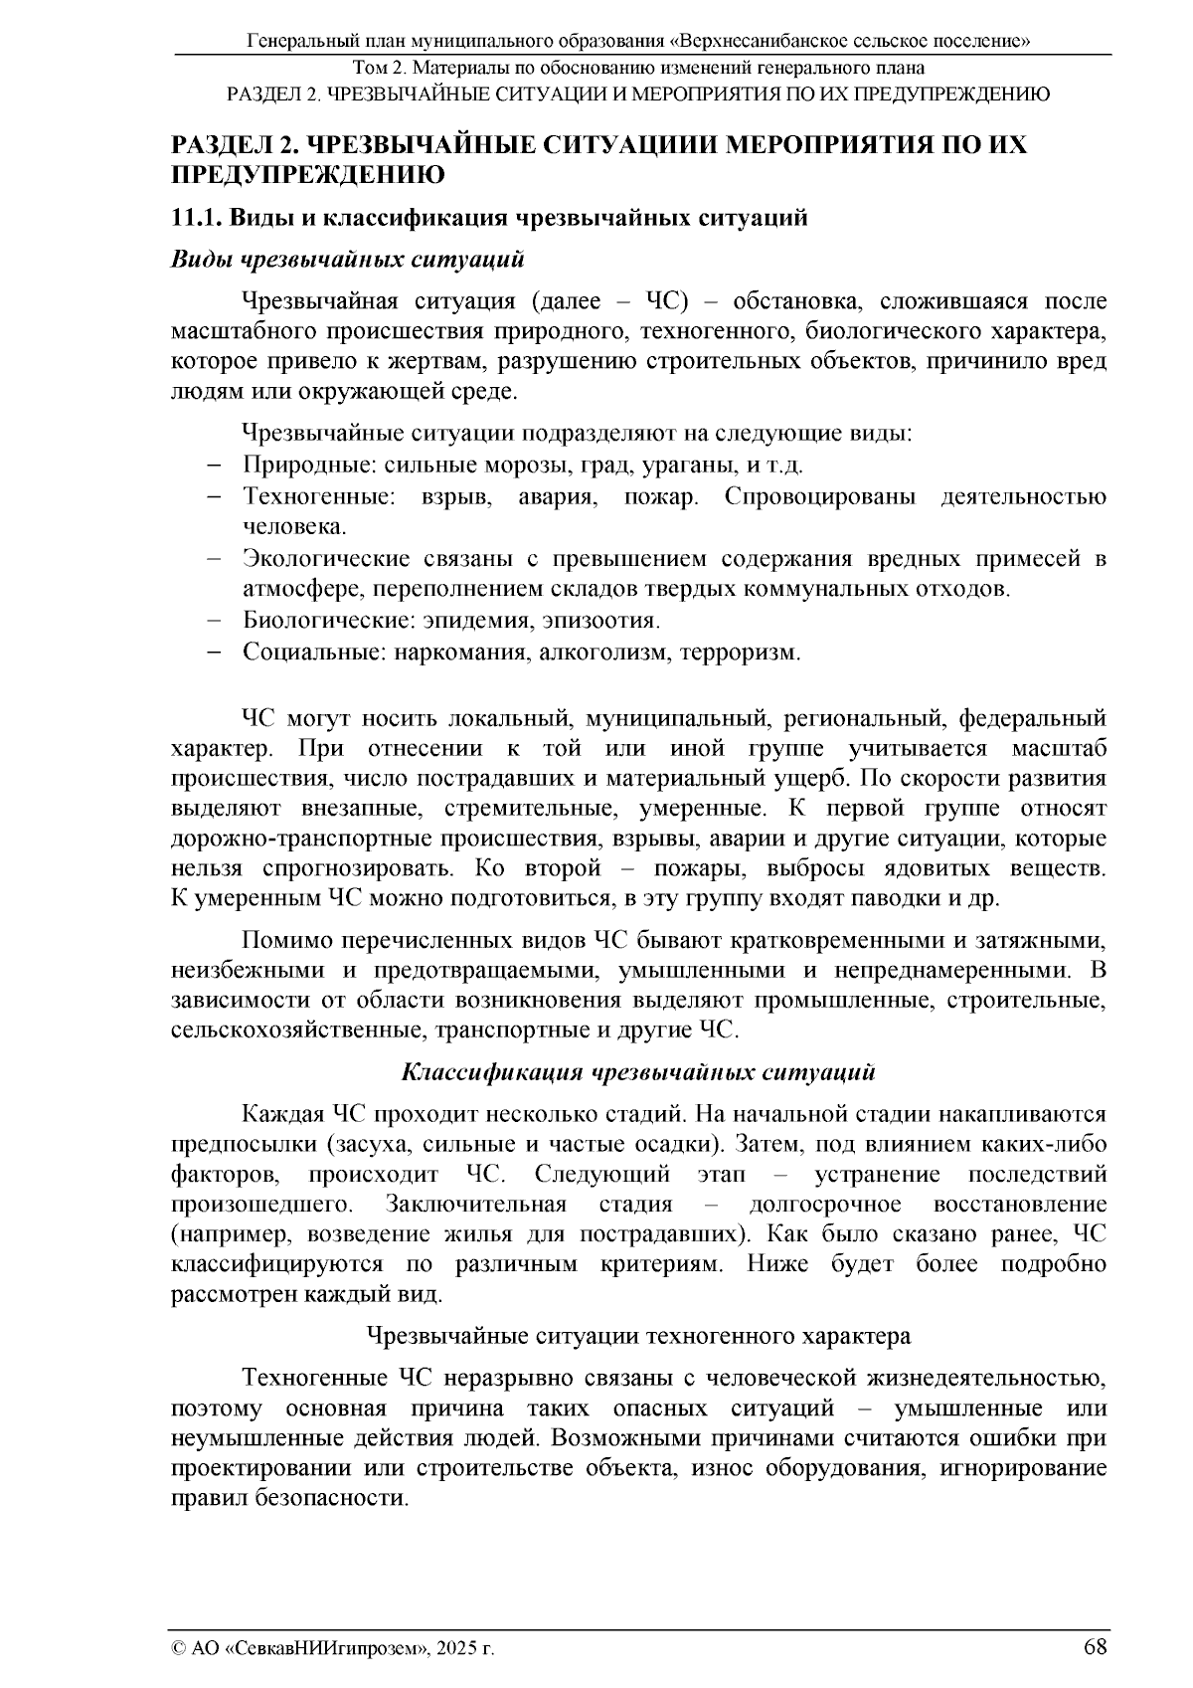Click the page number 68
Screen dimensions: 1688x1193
point(1096,1646)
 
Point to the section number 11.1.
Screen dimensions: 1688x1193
point(202,218)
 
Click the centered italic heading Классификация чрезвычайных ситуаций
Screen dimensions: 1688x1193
point(638,1072)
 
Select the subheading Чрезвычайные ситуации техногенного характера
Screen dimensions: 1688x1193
point(638,1335)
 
